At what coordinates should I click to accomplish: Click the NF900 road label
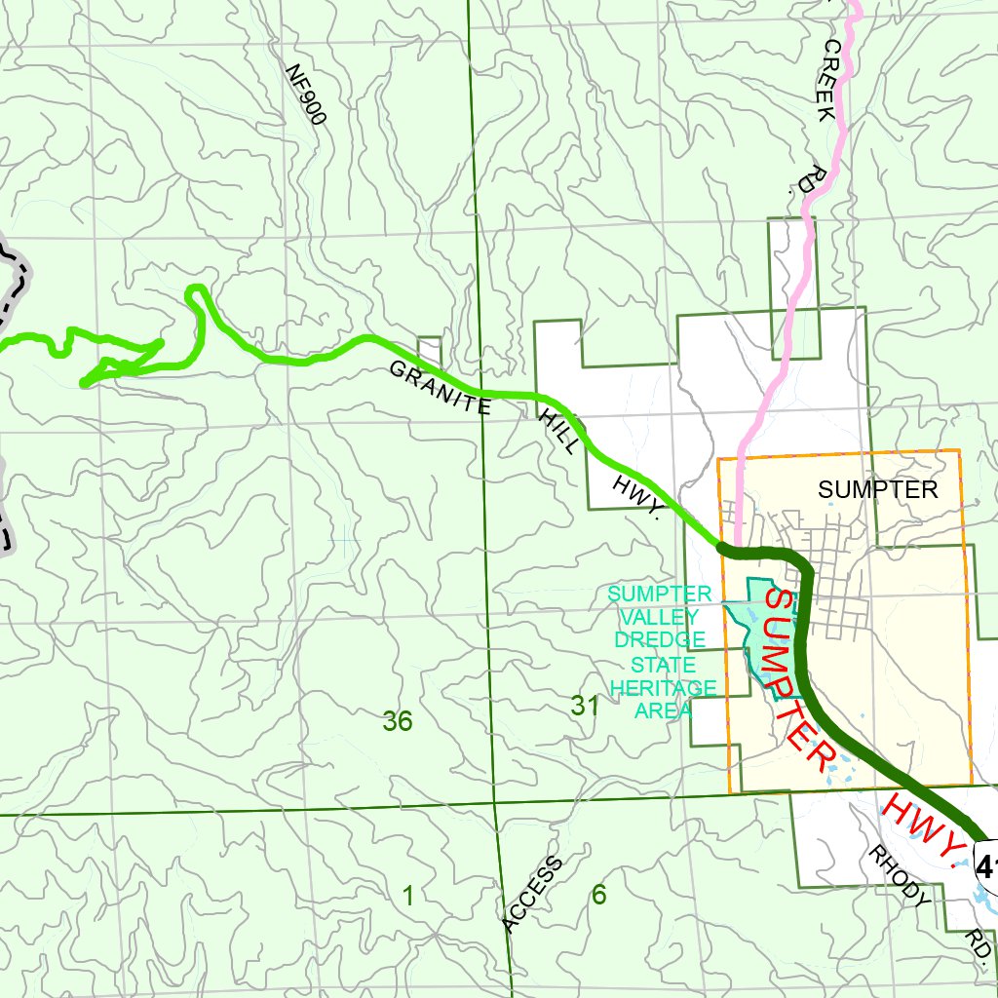305,95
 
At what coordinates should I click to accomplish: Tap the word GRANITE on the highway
440,387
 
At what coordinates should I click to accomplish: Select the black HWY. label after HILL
638,498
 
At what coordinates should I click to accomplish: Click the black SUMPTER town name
877,489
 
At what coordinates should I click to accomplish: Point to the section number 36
398,722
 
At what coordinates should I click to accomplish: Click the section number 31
585,707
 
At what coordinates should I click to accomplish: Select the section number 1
408,896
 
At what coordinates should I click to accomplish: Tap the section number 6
599,896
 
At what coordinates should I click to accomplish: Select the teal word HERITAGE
663,688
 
